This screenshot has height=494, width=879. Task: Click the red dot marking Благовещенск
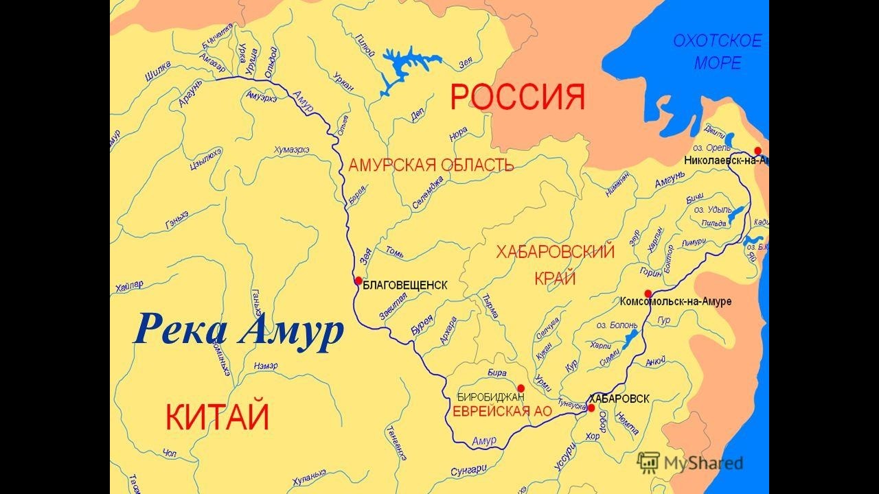point(358,281)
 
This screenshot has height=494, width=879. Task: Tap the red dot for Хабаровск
point(591,408)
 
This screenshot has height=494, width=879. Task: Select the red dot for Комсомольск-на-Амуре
point(648,294)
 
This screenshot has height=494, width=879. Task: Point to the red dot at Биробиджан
point(521,388)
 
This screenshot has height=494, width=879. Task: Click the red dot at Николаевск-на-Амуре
point(757,151)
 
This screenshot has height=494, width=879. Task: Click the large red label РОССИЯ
point(517,97)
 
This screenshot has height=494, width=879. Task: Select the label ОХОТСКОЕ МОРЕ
point(717,52)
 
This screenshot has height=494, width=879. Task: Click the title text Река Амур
point(238,330)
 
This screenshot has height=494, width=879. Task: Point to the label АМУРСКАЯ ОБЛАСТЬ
point(431,165)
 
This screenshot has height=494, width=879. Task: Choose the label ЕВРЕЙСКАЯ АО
point(490,411)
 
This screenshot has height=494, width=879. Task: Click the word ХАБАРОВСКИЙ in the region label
point(555,252)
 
